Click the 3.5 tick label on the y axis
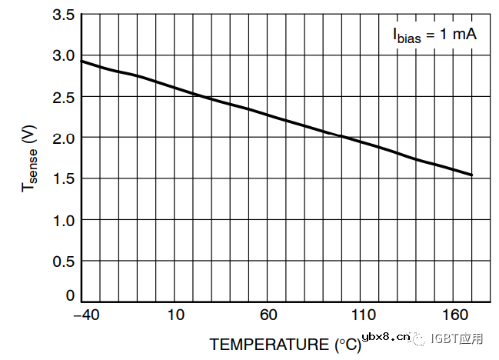[x=63, y=15]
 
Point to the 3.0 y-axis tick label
[x=63, y=55]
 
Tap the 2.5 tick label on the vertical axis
[x=63, y=97]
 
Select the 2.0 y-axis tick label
[x=63, y=138]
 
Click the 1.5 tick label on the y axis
[x=63, y=179]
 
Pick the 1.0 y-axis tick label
[x=63, y=220]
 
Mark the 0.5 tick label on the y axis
[x=63, y=262]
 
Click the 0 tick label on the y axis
[x=70, y=295]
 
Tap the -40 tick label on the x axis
[x=86, y=315]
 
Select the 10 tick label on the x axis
[x=175, y=315]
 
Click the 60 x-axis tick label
[x=268, y=315]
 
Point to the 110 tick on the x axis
[x=362, y=315]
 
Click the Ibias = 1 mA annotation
[x=435, y=35]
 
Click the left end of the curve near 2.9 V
[x=82, y=61]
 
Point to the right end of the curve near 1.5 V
[x=471, y=175]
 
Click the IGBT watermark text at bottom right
[x=457, y=339]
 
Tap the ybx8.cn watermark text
[x=384, y=338]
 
